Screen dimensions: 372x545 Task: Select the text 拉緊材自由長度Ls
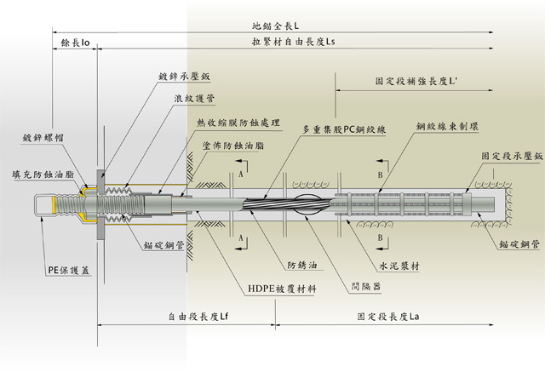click(x=290, y=41)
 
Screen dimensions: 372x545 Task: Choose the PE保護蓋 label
click(x=66, y=247)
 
